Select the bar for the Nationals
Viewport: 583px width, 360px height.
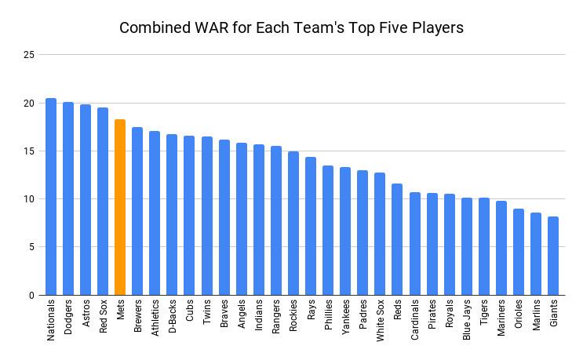point(51,197)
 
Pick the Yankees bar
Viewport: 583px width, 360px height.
point(345,231)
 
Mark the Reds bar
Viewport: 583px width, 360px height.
point(397,239)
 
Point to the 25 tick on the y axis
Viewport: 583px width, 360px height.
point(30,55)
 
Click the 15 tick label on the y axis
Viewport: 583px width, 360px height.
point(30,151)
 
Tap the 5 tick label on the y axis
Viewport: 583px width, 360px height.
point(32,247)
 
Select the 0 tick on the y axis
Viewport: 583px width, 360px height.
point(32,296)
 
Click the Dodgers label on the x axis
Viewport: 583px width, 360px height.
point(68,317)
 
